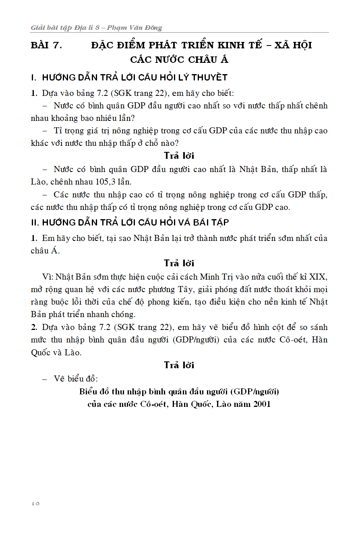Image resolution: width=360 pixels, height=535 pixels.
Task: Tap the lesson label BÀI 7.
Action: click(46, 45)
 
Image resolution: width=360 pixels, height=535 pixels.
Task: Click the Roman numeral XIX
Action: click(318, 277)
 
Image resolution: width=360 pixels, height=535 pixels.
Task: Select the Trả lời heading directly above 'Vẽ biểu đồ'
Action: click(179, 365)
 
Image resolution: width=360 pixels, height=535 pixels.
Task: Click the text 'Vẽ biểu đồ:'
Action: click(76, 379)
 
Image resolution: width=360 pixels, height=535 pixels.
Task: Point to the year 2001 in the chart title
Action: click(262, 404)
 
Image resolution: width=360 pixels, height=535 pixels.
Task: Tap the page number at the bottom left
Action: click(35, 503)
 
